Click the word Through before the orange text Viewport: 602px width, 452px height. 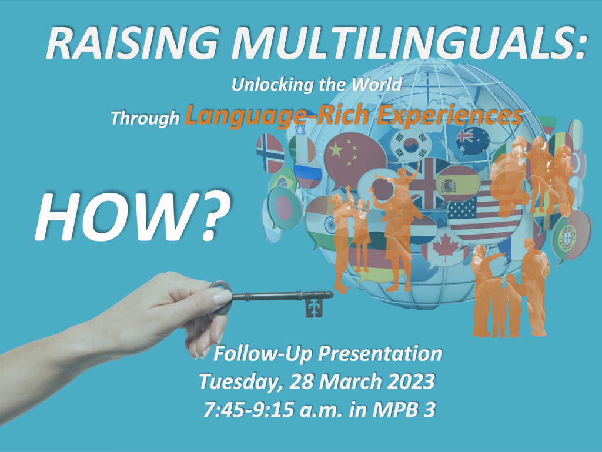click(x=145, y=118)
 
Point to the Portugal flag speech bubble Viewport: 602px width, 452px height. click(x=571, y=233)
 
